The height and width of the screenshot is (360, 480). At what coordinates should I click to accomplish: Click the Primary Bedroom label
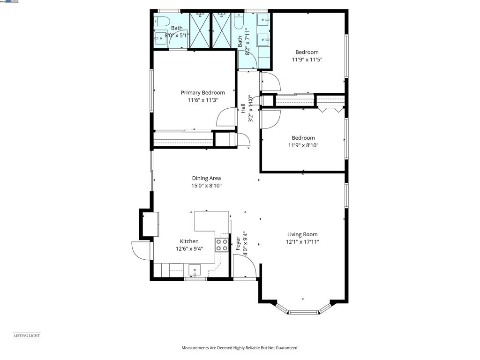[x=202, y=93]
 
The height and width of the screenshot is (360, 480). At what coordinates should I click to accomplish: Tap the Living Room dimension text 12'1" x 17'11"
[x=302, y=242]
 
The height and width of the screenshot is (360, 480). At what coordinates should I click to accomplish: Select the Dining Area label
[x=206, y=178]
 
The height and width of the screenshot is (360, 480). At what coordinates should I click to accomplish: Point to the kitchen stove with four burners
[x=222, y=245]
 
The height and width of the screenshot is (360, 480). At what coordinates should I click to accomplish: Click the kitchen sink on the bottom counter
[x=195, y=270]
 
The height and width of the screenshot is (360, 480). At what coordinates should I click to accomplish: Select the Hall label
[x=243, y=108]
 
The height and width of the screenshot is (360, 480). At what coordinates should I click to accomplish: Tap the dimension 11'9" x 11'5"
[x=307, y=60]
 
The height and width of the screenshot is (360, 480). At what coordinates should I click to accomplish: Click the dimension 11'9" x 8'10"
[x=303, y=145]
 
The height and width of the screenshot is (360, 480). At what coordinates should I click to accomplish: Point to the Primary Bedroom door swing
[x=226, y=117]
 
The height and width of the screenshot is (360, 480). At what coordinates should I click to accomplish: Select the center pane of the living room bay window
[x=303, y=312]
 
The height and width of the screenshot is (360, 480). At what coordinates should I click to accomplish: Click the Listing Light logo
[x=26, y=335]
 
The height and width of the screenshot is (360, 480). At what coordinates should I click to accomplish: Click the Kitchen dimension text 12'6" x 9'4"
[x=189, y=249]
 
